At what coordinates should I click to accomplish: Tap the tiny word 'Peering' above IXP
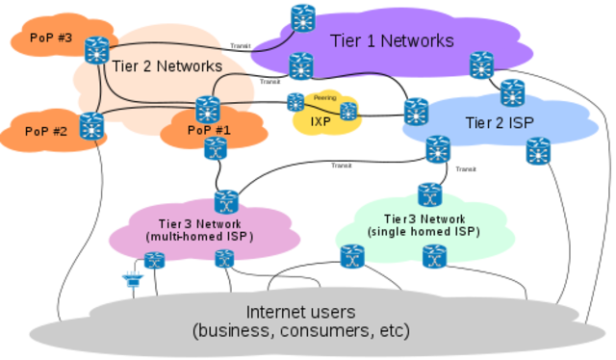coord(324,98)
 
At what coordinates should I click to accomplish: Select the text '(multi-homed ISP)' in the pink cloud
coord(198,236)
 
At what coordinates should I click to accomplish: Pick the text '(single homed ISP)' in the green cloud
coord(423,232)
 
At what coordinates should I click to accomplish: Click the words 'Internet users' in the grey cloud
coord(301,312)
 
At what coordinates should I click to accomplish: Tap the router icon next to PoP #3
coord(96,49)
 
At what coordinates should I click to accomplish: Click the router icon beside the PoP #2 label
coord(91,125)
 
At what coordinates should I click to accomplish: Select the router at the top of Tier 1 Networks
coord(303,17)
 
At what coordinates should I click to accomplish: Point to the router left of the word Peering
coord(295,101)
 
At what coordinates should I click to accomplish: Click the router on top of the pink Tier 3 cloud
coord(225,200)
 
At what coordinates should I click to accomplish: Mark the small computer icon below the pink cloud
coord(130,280)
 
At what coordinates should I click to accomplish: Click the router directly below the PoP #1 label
coord(215,148)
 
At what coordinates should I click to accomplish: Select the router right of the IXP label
coord(347,112)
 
